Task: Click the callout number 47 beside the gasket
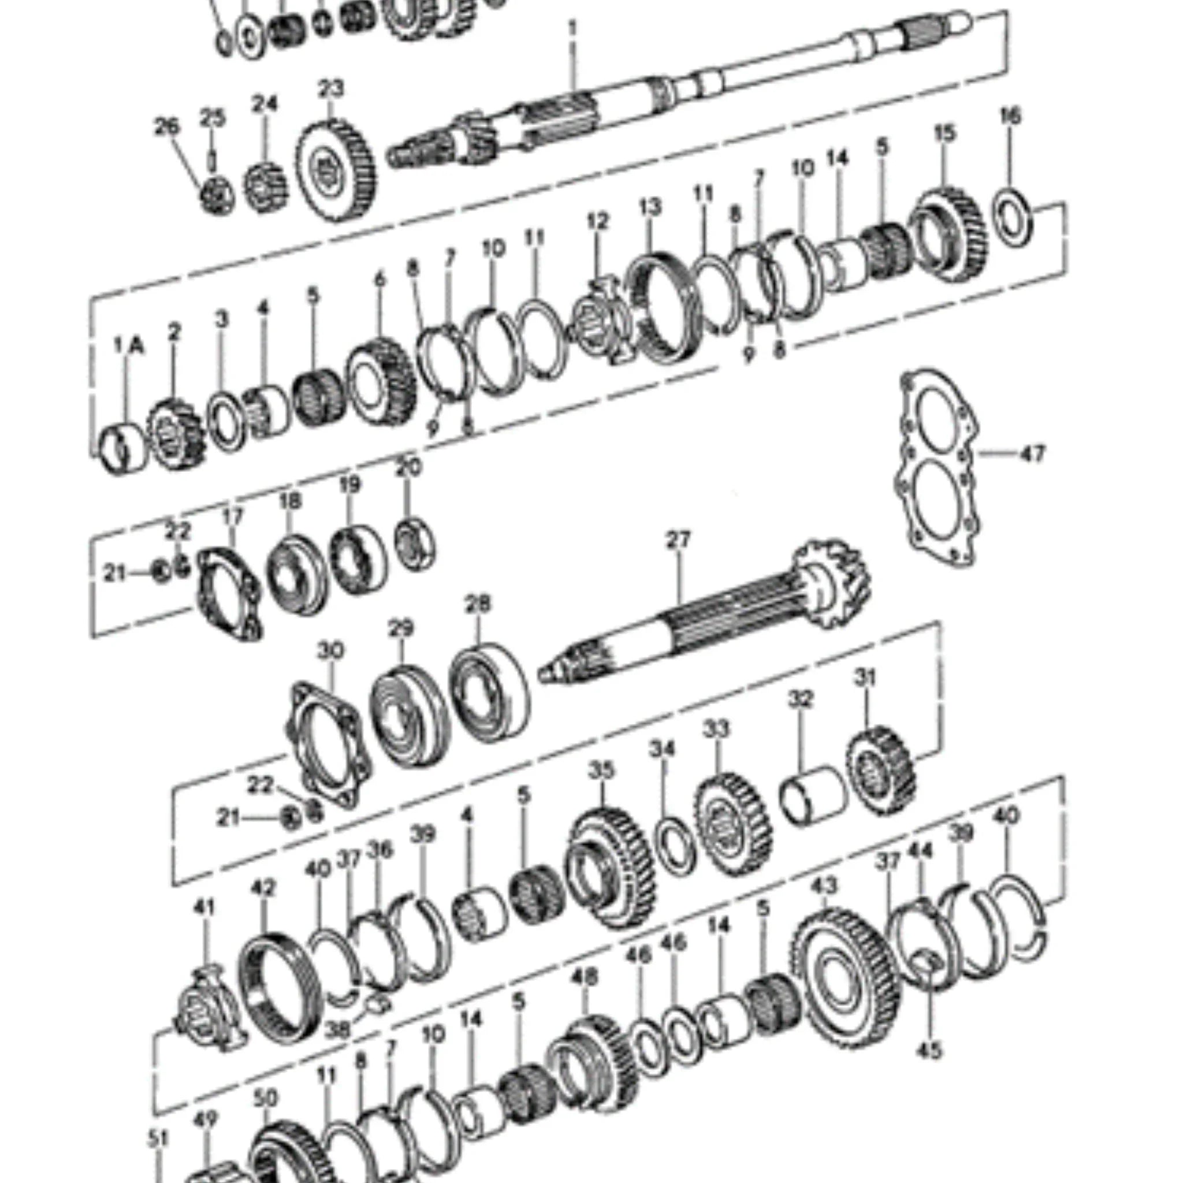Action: point(1032,455)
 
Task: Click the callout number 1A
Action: point(129,347)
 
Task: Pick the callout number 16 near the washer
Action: point(1010,116)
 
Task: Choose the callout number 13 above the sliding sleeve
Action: point(650,207)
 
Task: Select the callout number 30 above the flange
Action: point(330,651)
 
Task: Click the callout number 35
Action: point(601,771)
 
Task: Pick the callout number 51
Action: point(158,1139)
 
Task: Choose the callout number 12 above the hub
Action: point(598,222)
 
